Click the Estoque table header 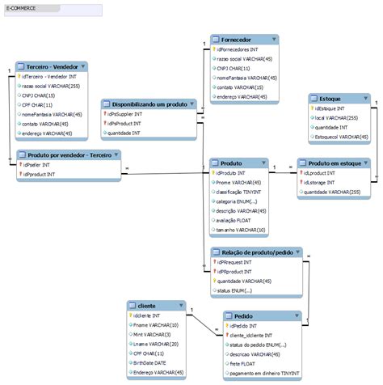click(x=326, y=97)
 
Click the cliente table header click(x=147, y=305)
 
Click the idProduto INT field click(x=234, y=172)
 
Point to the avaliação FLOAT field click(x=239, y=219)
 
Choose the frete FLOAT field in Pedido click(x=242, y=363)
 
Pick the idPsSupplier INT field click(x=124, y=114)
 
